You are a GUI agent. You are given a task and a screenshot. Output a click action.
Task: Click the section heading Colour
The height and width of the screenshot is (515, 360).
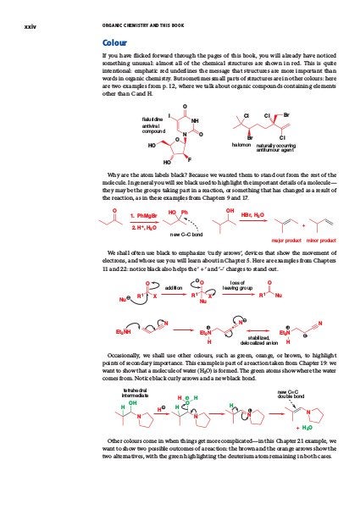114,42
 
